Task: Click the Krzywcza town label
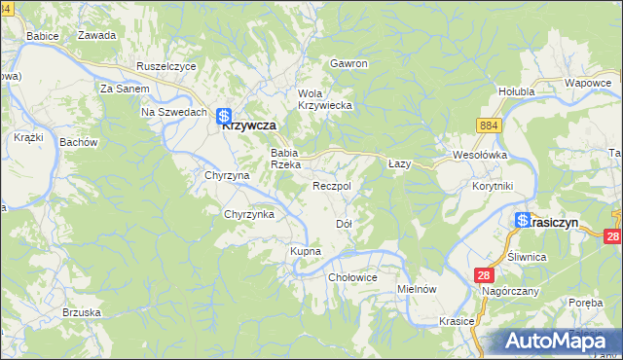(249, 126)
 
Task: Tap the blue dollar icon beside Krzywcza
(224, 115)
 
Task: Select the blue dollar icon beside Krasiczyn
(523, 221)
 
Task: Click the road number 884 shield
(489, 126)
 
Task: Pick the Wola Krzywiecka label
(324, 98)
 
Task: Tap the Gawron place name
(348, 63)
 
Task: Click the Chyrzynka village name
(249, 214)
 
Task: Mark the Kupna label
(305, 251)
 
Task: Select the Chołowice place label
(352, 277)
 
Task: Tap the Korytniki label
(492, 185)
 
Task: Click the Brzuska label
(82, 312)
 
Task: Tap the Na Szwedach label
(172, 112)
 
